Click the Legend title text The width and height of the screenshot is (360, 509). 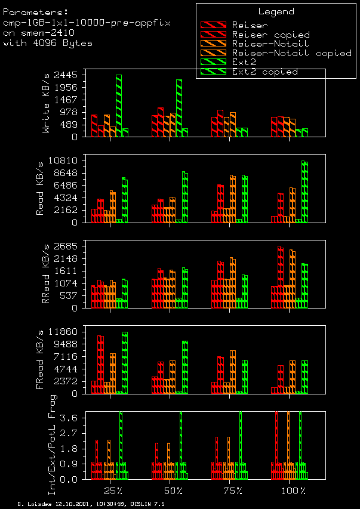click(x=276, y=11)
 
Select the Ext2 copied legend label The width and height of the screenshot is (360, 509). click(x=264, y=72)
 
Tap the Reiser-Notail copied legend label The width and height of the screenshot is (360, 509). click(x=291, y=53)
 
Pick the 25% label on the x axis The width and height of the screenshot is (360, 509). click(x=113, y=491)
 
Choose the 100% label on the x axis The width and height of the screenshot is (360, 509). click(x=294, y=491)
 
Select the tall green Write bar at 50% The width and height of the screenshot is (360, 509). click(x=179, y=108)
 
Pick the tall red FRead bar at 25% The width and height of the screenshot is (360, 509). click(x=100, y=364)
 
